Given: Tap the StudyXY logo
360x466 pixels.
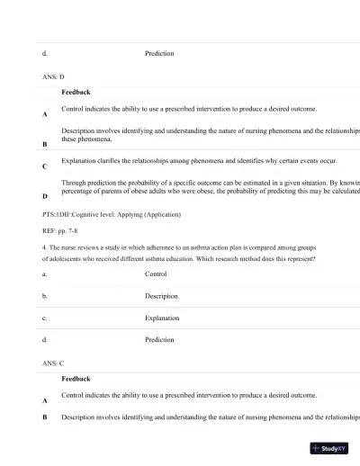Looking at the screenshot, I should (329, 448).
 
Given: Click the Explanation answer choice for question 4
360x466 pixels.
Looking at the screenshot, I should (163, 318).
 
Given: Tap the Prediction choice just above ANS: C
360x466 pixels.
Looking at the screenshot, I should (159, 340).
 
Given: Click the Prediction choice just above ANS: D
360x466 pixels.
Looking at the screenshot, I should (159, 53).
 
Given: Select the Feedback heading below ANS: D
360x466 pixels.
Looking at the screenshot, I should (76, 92).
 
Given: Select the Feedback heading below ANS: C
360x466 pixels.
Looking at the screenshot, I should (76, 379).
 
